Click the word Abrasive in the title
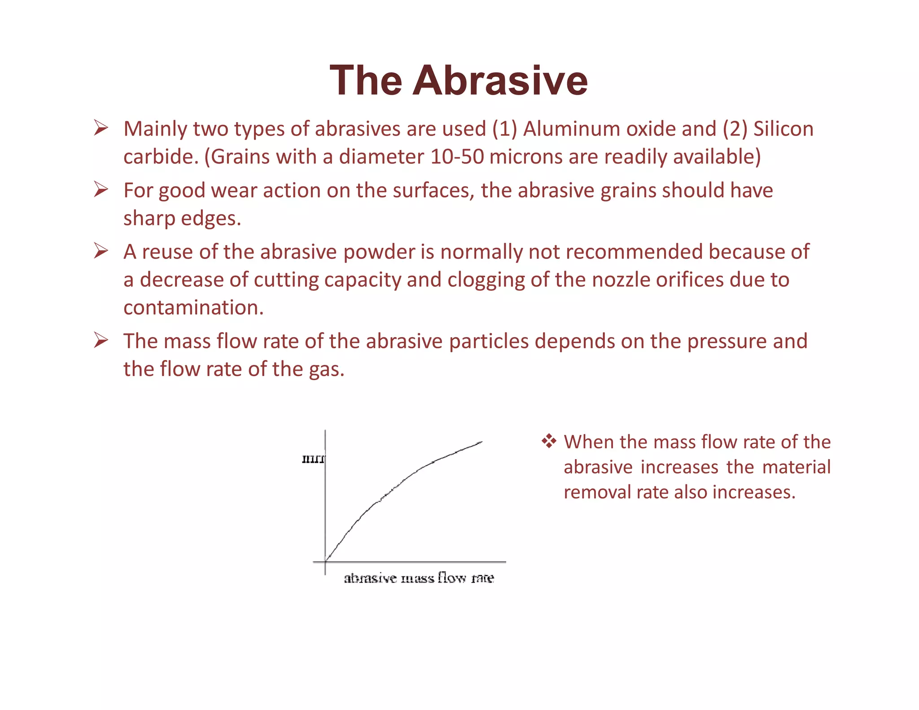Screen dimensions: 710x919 click(500, 81)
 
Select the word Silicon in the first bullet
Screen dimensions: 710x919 click(783, 129)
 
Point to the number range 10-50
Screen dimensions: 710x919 click(457, 157)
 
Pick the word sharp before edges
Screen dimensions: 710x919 click(149, 219)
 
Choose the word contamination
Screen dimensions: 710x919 click(193, 308)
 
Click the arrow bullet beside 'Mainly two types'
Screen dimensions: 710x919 click(101, 128)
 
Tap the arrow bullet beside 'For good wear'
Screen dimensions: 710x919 click(101, 190)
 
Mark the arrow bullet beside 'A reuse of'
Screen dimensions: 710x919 click(101, 251)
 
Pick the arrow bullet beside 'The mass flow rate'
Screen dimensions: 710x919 click(101, 341)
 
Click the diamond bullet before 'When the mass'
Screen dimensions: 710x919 click(549, 442)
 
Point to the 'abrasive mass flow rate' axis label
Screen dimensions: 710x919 click(419, 578)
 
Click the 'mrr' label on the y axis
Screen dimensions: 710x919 click(313, 459)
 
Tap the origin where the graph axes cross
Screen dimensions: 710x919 click(325, 561)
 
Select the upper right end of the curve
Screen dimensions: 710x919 click(481, 442)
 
